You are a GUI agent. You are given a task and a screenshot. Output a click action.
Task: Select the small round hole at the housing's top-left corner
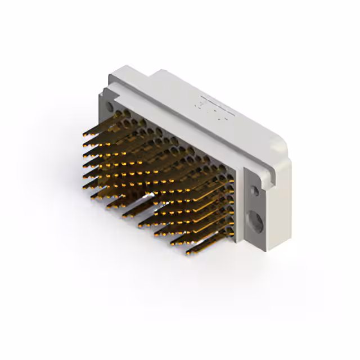(x=109, y=105)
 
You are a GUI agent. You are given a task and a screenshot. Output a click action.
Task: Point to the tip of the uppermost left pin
(x=84, y=136)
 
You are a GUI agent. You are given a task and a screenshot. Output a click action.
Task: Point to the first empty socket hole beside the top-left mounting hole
(x=119, y=113)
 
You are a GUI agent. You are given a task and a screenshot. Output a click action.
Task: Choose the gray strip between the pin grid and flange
(x=238, y=208)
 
